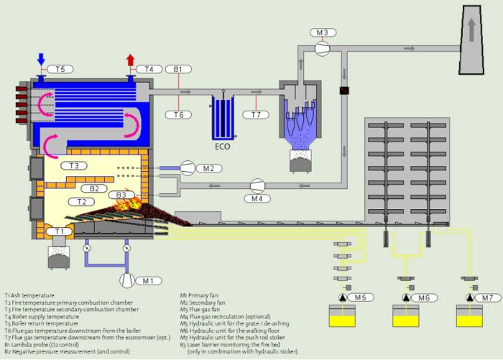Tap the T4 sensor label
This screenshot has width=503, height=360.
coord(149,69)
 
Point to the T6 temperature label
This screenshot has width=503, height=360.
coord(178,114)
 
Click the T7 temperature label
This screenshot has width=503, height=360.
coord(256,114)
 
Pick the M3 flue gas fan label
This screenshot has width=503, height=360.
coord(322,33)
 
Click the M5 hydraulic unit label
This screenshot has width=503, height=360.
coord(359,297)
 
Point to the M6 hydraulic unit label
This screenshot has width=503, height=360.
coord(423,297)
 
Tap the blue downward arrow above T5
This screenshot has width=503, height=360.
coord(40,57)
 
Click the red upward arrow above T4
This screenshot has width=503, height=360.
coord(131,59)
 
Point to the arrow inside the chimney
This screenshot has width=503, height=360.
coord(471,31)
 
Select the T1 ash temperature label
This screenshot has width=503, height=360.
coord(60,231)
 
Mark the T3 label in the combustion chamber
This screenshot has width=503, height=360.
coord(74,165)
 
